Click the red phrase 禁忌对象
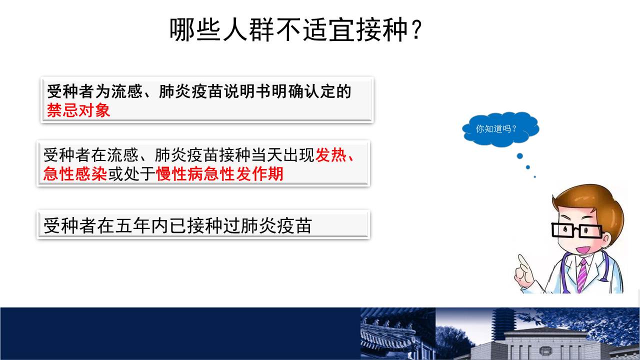point(78,110)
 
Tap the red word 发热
point(331,155)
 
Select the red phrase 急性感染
point(75,173)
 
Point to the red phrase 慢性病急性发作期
point(219,173)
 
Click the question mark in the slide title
point(416,29)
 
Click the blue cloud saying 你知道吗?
point(500,129)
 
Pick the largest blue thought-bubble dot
point(519,156)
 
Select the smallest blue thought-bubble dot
point(535,177)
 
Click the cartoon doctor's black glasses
point(577,230)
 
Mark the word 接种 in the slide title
point(381,29)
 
